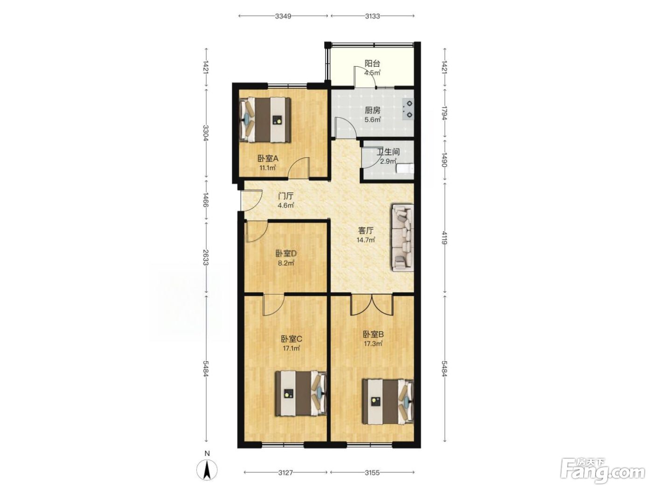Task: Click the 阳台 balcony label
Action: [x=373, y=63]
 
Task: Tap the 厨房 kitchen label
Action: [x=373, y=111]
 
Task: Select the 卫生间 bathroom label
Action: [x=388, y=152]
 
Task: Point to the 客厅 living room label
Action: [x=366, y=231]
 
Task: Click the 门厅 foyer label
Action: [x=286, y=196]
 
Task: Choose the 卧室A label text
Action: [x=268, y=159]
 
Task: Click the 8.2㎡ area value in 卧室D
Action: [x=286, y=263]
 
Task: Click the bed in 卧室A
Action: [x=265, y=120]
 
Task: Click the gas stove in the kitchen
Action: [x=408, y=109]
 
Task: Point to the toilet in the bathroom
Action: [x=405, y=168]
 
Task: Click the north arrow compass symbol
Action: [x=207, y=470]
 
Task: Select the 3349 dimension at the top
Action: [x=283, y=16]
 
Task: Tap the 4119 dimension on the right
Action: [x=444, y=238]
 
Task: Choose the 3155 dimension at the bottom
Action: [x=372, y=473]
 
